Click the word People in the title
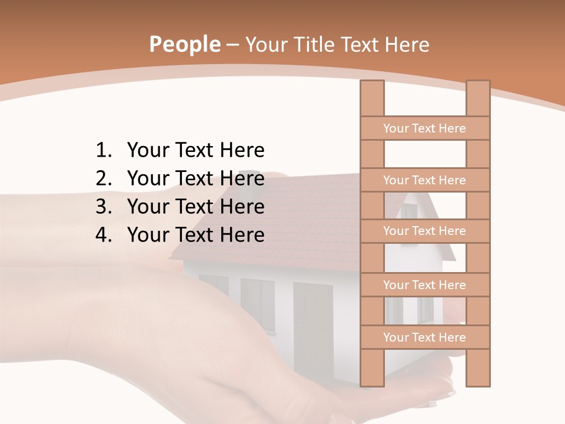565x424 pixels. (185, 44)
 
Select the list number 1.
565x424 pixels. (103, 151)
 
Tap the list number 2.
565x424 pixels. (103, 179)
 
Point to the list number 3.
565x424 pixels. (103, 207)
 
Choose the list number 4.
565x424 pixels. (103, 236)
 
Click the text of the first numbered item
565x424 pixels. (195, 151)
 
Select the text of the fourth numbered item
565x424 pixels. (195, 236)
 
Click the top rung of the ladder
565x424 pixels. (424, 128)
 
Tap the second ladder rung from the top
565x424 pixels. (424, 180)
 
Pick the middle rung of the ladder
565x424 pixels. (424, 231)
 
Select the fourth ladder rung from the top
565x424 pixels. (424, 285)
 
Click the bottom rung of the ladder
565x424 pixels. (424, 337)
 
